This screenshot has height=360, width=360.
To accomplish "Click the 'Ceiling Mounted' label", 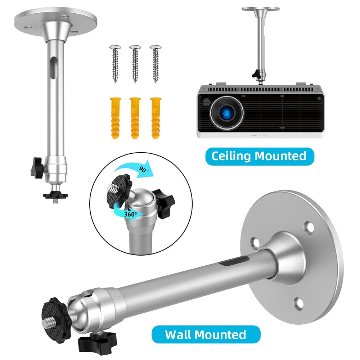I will pyautogui.click(x=258, y=156).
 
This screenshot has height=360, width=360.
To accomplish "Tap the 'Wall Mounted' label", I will pyautogui.click(x=206, y=334).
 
